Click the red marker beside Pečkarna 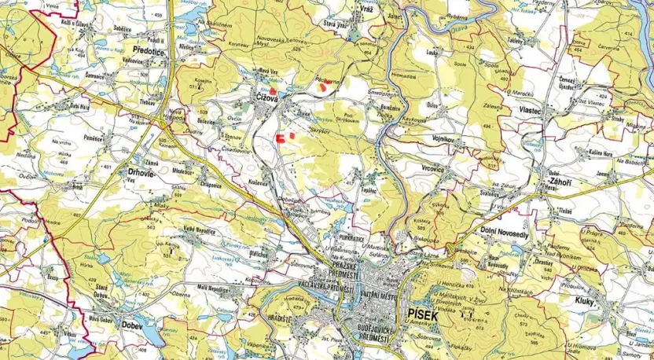324,88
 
